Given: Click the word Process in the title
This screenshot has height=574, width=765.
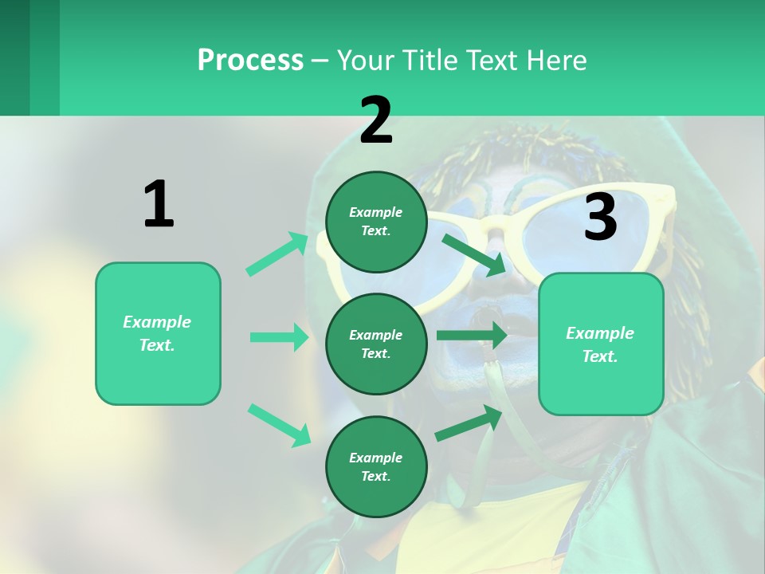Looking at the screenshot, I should pyautogui.click(x=250, y=61).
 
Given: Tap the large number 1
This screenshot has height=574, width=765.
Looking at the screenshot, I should pyautogui.click(x=159, y=205).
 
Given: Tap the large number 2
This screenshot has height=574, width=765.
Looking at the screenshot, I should pyautogui.click(x=376, y=120).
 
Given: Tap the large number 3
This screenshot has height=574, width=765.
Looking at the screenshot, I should pyautogui.click(x=600, y=218).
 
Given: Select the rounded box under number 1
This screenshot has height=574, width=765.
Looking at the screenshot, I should pyautogui.click(x=158, y=333).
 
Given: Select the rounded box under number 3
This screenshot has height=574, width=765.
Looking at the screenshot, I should pyautogui.click(x=601, y=344).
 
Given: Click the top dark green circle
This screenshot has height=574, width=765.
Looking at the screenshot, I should pyautogui.click(x=376, y=222).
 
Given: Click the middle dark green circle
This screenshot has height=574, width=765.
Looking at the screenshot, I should pyautogui.click(x=376, y=344).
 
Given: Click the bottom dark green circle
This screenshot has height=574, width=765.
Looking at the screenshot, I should pyautogui.click(x=376, y=466).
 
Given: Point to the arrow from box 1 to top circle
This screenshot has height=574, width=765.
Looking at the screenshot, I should pyautogui.click(x=277, y=254).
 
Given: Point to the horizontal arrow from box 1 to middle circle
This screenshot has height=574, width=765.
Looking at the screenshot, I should pyautogui.click(x=279, y=337).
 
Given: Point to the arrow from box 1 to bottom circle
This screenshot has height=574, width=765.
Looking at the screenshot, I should pyautogui.click(x=279, y=425).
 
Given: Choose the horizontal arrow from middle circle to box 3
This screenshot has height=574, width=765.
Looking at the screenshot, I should pyautogui.click(x=472, y=335).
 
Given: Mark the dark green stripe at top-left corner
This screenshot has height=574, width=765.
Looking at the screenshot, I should pyautogui.click(x=14, y=57).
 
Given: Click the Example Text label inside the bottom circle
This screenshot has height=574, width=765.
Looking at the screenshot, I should pyautogui.click(x=376, y=466).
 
